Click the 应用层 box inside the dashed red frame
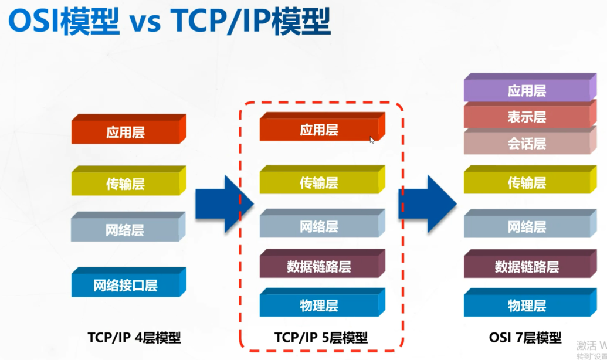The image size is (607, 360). (319, 130)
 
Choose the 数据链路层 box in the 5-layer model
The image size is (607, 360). (319, 267)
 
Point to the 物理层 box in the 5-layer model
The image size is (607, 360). (319, 305)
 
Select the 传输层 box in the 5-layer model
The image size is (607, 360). (319, 182)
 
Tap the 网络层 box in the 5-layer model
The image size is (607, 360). (319, 226)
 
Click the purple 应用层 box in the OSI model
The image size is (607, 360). (527, 91)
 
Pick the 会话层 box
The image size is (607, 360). (527, 143)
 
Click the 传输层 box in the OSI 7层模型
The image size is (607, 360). (527, 183)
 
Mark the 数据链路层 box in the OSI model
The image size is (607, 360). (527, 267)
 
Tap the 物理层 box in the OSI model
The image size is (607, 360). (527, 305)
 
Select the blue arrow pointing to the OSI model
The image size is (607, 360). (426, 203)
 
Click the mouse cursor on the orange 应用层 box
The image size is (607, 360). (372, 140)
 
